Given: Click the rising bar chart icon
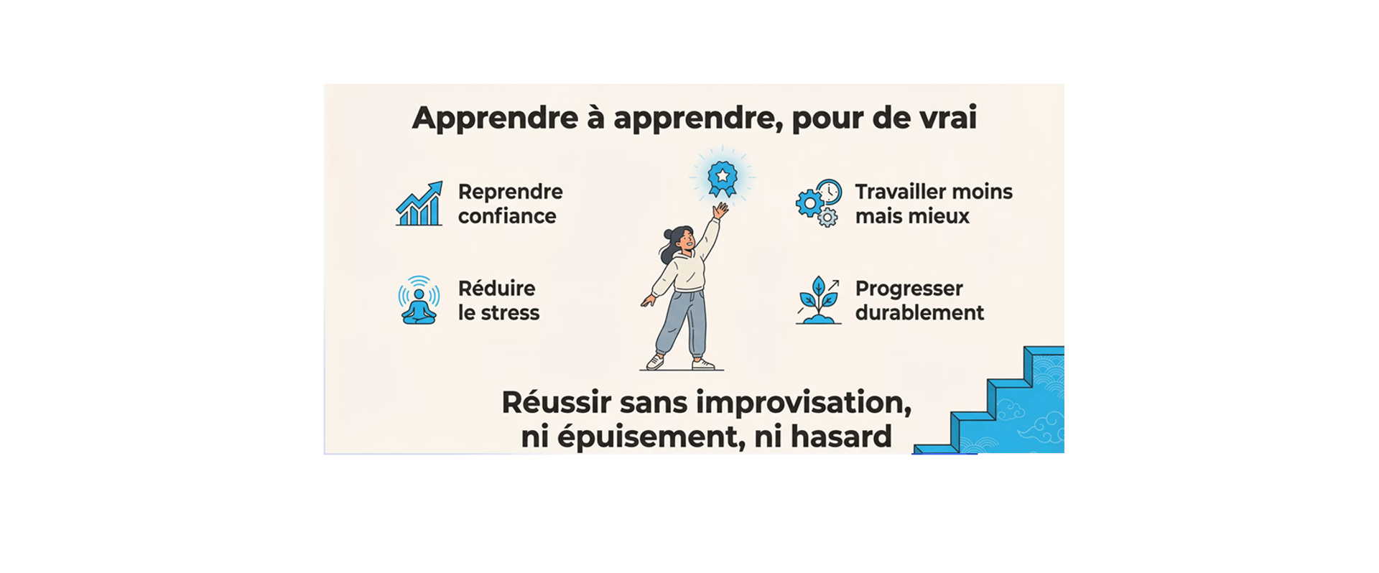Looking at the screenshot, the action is tap(419, 204).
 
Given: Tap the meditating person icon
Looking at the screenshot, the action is tap(419, 300).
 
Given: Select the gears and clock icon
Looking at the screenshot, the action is tap(819, 203).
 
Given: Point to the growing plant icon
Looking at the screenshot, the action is tap(819, 300).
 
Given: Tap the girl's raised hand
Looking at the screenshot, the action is tap(720, 210).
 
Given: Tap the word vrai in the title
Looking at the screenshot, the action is tap(952, 118).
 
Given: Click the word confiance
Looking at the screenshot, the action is tap(507, 216).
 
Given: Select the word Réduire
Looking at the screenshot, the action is tap(497, 288).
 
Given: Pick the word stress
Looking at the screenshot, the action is tap(509, 313).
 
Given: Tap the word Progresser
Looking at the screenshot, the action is tap(909, 289).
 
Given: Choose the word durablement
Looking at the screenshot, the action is tap(919, 313).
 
